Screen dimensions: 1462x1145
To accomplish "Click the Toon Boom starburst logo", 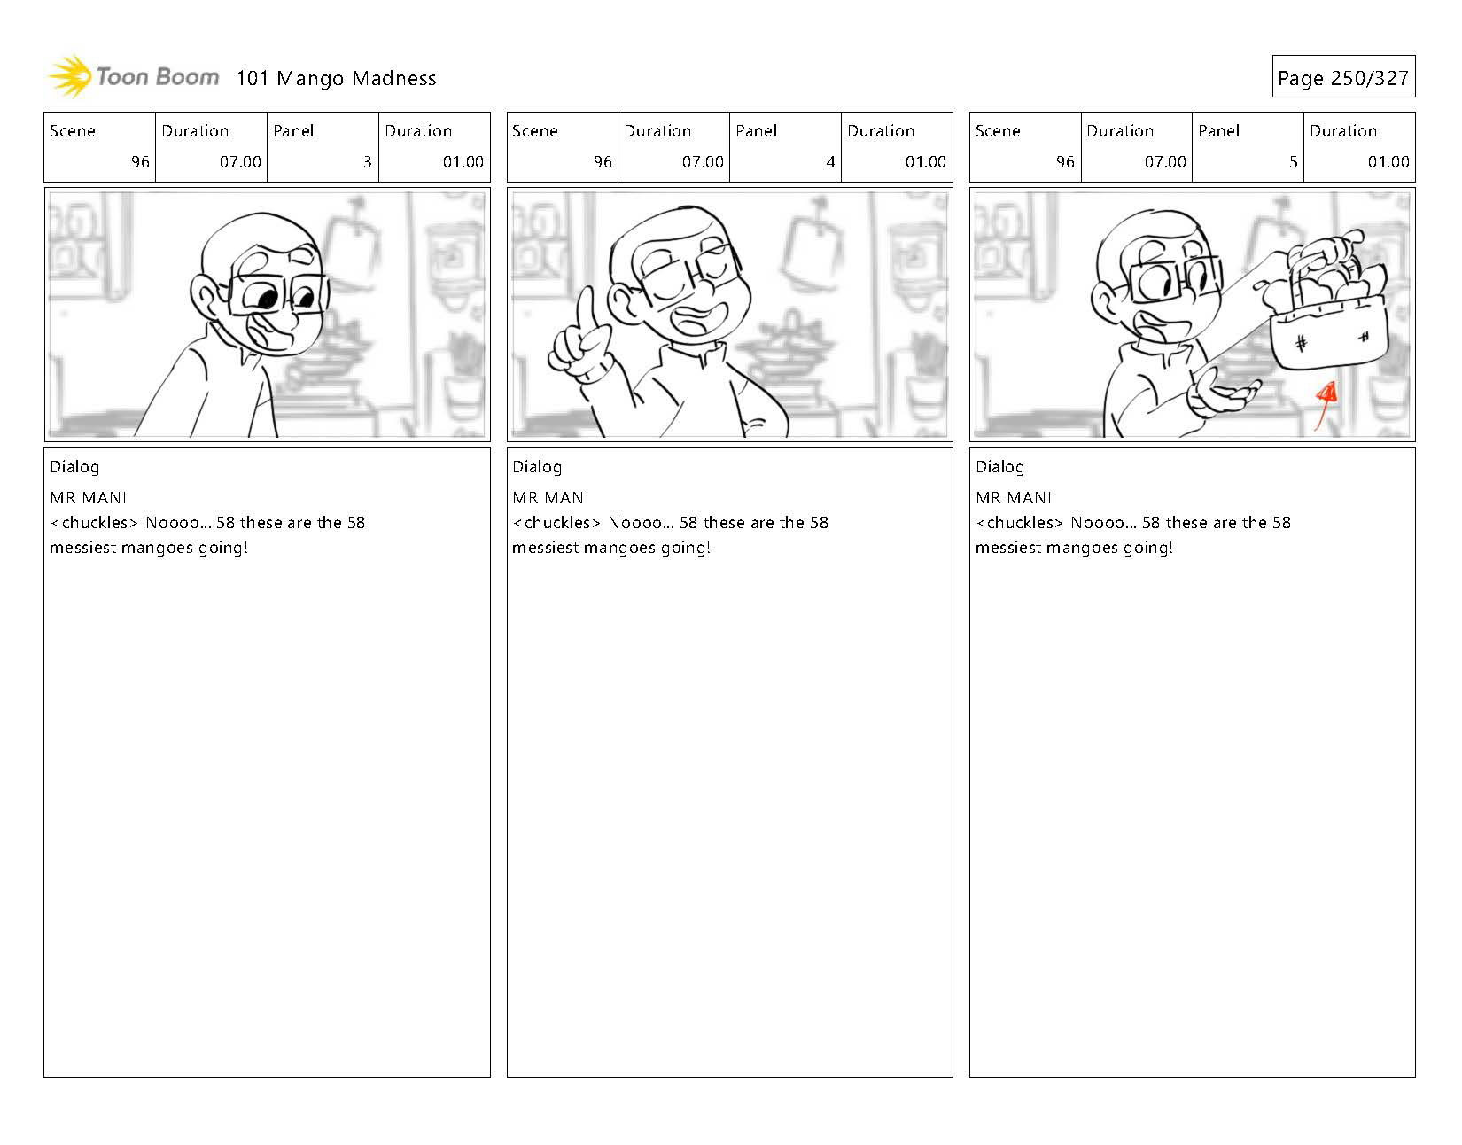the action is coord(70,76).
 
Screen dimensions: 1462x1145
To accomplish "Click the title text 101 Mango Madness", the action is coord(336,78).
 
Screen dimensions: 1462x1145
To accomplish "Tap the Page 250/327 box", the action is coord(1343,76).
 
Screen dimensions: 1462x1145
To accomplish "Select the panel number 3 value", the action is coord(368,161).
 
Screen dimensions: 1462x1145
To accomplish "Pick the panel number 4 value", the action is coord(830,161).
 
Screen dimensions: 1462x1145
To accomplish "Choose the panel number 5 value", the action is coord(1293,161).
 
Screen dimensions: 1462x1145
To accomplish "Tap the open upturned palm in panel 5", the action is coord(1224,394).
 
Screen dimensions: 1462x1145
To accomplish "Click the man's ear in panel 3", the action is coord(204,297).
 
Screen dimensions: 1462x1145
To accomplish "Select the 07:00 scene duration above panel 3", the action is coord(240,161).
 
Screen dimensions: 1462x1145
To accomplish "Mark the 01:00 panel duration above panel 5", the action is coord(1388,161).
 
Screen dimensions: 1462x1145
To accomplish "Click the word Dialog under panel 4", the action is coord(537,467).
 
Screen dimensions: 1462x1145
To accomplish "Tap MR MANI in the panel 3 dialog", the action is coord(88,498).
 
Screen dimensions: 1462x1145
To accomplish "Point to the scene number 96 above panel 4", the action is coord(603,161).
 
